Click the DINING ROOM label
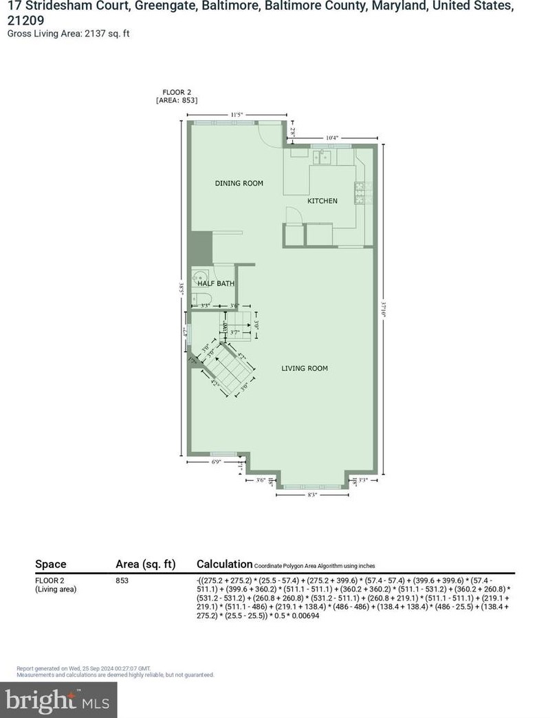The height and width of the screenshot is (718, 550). tap(239, 183)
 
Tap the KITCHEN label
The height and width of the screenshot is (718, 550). tap(322, 201)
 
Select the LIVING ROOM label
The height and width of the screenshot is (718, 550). tap(305, 369)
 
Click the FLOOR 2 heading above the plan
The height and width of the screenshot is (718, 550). tap(179, 92)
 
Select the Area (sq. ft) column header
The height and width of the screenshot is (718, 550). tap(145, 564)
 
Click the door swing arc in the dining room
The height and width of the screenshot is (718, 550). tap(269, 135)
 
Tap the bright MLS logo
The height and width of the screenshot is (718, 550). tap(58, 701)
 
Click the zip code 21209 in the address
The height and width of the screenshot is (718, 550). tap(25, 20)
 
